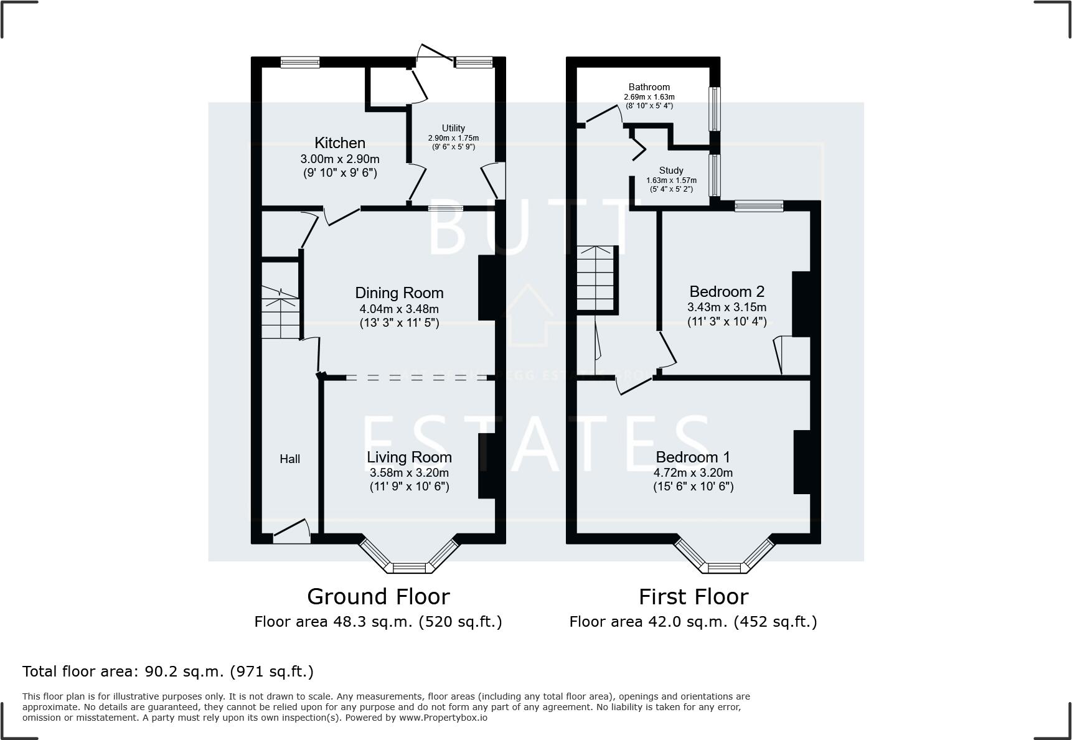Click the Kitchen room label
(339, 143)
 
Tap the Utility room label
(453, 128)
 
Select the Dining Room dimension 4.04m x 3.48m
(399, 309)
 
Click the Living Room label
(409, 457)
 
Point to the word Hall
(289, 459)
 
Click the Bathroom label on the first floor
(649, 87)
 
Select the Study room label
(671, 171)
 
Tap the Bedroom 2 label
(726, 291)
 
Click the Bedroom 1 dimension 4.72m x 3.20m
(693, 473)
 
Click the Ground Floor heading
(378, 597)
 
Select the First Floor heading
(693, 597)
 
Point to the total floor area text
(168, 672)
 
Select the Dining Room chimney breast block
(488, 288)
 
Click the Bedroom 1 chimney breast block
(802, 462)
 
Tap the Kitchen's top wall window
(299, 62)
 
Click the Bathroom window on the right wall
(715, 108)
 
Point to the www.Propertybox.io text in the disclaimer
(443, 718)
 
